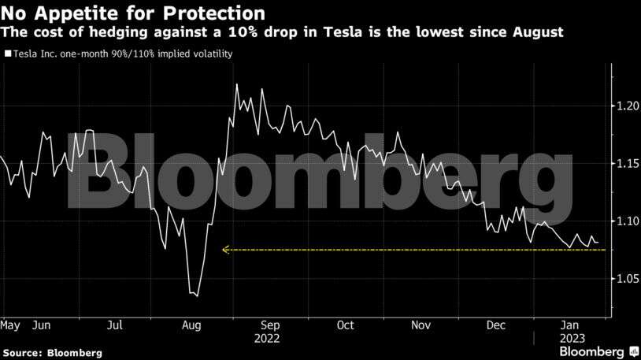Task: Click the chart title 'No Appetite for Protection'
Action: tap(132, 13)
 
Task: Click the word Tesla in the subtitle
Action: tap(350, 33)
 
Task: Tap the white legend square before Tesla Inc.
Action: tap(7, 54)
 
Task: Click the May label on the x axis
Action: tap(10, 325)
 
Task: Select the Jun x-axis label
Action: tap(43, 325)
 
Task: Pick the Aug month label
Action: tap(191, 325)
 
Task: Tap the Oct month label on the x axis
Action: tap(345, 325)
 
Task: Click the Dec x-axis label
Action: tap(496, 325)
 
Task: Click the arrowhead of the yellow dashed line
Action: tap(225, 250)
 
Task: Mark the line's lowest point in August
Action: tap(196, 295)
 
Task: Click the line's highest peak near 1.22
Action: tap(236, 84)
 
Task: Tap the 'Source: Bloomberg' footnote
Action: tap(52, 353)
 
